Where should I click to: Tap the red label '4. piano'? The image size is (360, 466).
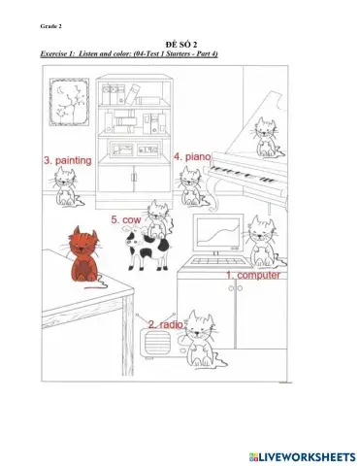click(x=192, y=155)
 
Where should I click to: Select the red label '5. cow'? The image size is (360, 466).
click(x=128, y=219)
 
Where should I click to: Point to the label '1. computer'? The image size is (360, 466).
click(x=253, y=275)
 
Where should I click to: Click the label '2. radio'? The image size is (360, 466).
click(x=166, y=323)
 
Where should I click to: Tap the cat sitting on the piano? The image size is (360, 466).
click(x=264, y=138)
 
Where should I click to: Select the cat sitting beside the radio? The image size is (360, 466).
click(x=201, y=339)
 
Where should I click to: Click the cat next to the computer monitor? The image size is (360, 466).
click(x=260, y=243)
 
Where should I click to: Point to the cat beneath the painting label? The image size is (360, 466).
click(x=67, y=185)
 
